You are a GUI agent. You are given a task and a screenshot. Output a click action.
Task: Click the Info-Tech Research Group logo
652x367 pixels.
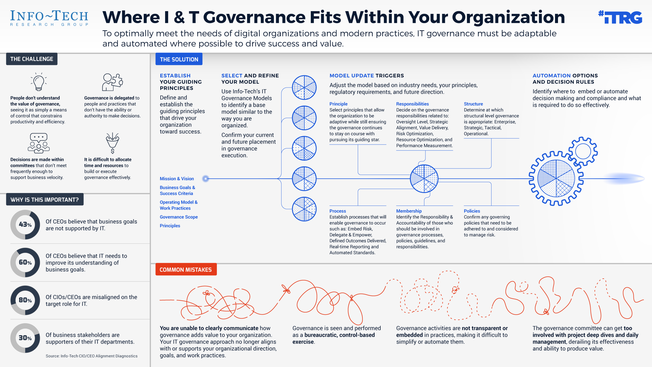[x=49, y=18]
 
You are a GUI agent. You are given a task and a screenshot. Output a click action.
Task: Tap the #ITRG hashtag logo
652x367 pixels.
[x=620, y=17]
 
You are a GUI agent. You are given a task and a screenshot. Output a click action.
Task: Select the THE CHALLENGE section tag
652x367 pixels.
[x=32, y=59]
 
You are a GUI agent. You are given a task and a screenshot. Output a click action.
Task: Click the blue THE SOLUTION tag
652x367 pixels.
[x=179, y=59]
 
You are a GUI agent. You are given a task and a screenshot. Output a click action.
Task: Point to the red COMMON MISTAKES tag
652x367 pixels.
[x=186, y=269]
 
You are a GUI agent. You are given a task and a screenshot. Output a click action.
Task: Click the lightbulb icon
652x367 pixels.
[x=39, y=82]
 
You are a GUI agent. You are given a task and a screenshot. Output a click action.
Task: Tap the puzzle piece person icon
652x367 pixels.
[x=112, y=82]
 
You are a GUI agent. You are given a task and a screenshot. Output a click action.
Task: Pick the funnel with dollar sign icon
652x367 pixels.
[x=112, y=143]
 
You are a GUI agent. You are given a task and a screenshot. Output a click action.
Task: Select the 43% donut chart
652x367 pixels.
[x=25, y=225]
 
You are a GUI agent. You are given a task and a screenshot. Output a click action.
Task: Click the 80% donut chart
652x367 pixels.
[x=25, y=300]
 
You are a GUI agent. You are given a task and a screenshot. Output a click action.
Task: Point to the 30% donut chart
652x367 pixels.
[x=25, y=338]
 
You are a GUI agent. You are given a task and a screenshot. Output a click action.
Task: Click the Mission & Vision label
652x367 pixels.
[x=177, y=179]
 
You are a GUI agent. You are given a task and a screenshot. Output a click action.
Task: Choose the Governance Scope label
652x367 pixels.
[x=179, y=217]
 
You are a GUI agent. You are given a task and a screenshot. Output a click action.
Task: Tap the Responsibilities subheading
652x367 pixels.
[x=412, y=104]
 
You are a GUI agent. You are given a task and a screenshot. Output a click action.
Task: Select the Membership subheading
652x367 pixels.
[x=409, y=211]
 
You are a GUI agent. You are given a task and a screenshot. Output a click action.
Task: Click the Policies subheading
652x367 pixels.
[x=472, y=211]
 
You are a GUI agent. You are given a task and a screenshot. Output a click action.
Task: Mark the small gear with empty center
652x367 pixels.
[x=583, y=151]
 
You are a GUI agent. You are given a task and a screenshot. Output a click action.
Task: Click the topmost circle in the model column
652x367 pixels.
[x=304, y=88]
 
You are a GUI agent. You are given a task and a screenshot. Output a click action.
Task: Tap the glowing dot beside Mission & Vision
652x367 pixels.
[x=206, y=179]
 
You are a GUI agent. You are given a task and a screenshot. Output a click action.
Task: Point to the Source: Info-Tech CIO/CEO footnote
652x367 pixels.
[x=92, y=356]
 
